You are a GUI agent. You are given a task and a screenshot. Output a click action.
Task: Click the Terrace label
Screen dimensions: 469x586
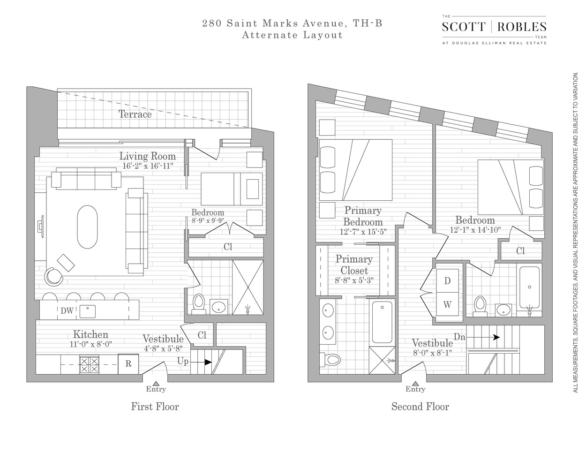coord(135,114)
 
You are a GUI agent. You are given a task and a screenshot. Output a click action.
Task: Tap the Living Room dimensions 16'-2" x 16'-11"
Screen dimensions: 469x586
coord(147,166)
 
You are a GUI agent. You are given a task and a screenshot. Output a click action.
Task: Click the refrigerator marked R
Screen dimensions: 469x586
coord(128,364)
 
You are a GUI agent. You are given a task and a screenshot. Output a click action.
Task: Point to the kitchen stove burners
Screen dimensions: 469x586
coord(90,364)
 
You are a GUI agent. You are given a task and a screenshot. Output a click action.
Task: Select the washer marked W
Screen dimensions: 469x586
coord(447,305)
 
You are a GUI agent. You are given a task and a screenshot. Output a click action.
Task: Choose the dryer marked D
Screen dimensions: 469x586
coord(447,281)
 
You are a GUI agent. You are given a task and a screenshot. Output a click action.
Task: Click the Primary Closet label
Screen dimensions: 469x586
coord(354,265)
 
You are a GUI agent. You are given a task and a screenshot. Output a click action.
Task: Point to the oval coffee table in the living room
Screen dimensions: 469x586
coord(88,227)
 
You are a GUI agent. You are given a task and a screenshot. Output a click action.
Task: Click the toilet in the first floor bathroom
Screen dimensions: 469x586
coord(199,303)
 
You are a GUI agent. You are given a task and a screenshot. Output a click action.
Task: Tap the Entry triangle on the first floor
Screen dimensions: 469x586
coord(155,383)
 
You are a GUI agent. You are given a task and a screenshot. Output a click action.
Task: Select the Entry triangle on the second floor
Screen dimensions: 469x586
coord(415,383)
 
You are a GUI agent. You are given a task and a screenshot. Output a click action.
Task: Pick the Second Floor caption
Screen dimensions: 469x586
coord(420,407)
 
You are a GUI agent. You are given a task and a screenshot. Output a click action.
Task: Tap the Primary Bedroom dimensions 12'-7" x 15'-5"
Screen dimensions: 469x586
coord(363,231)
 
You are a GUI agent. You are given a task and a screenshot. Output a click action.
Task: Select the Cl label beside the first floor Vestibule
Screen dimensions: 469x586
coord(202,335)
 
